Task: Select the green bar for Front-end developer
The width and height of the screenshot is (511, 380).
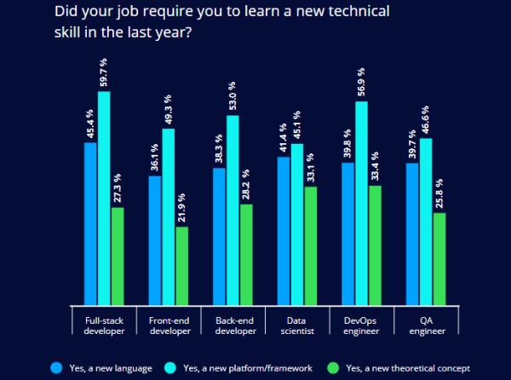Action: coord(182,265)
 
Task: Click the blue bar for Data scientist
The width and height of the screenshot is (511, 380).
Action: coord(283,231)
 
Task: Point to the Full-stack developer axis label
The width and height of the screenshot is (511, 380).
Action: coord(105,325)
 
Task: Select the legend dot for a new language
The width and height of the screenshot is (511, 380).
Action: coord(56,367)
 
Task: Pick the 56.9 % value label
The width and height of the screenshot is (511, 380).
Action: coord(361,83)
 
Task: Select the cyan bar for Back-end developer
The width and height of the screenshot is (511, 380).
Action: coord(233,210)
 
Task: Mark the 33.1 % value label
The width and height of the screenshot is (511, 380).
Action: coord(310,168)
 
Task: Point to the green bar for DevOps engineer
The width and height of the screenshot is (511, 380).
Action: coord(375,245)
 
